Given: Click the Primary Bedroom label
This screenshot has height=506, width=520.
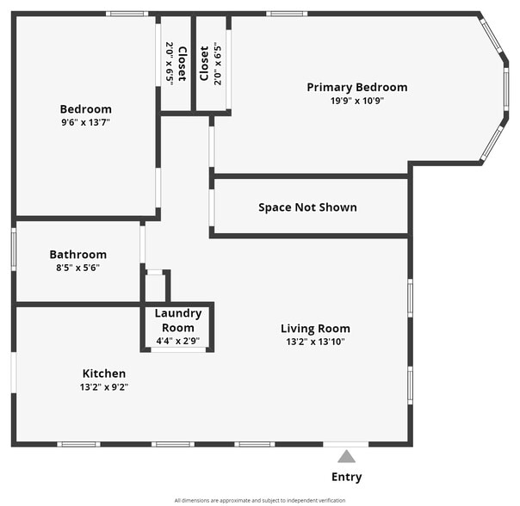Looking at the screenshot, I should coord(357,87).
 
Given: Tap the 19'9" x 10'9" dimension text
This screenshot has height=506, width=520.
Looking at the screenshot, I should coord(357,101).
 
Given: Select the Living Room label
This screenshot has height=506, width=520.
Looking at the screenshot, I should coord(315,328).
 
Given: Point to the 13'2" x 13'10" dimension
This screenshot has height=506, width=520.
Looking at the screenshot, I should coord(315,342).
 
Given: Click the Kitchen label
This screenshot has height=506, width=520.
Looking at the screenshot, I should coord(104,373).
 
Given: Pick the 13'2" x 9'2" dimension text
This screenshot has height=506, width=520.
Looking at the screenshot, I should coord(104,387).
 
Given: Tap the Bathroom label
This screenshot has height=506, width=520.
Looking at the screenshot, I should coord(77,255).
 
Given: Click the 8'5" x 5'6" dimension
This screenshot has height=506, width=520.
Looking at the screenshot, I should coord(77,268).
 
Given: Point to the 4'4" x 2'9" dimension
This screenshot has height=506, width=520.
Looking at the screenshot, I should coord(178,342).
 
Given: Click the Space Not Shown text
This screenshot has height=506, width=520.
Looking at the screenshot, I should coord(307,207).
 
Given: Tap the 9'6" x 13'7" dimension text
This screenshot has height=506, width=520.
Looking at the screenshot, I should coord(85,123).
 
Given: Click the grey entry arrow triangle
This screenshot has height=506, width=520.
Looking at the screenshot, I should coord(346,456).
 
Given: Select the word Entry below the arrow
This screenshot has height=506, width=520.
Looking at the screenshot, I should coord(346,477).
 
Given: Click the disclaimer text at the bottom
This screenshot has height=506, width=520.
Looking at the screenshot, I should coord(260,500).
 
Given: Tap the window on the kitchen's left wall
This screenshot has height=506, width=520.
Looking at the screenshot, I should coord(14,375).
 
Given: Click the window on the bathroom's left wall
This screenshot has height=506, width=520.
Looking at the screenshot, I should coord(14,250).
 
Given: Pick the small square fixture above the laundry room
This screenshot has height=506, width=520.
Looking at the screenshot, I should coord(155,284).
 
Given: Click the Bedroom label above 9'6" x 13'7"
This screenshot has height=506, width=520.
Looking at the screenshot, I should coord(85,109).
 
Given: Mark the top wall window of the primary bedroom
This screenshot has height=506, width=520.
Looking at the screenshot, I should coord(286,14).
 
